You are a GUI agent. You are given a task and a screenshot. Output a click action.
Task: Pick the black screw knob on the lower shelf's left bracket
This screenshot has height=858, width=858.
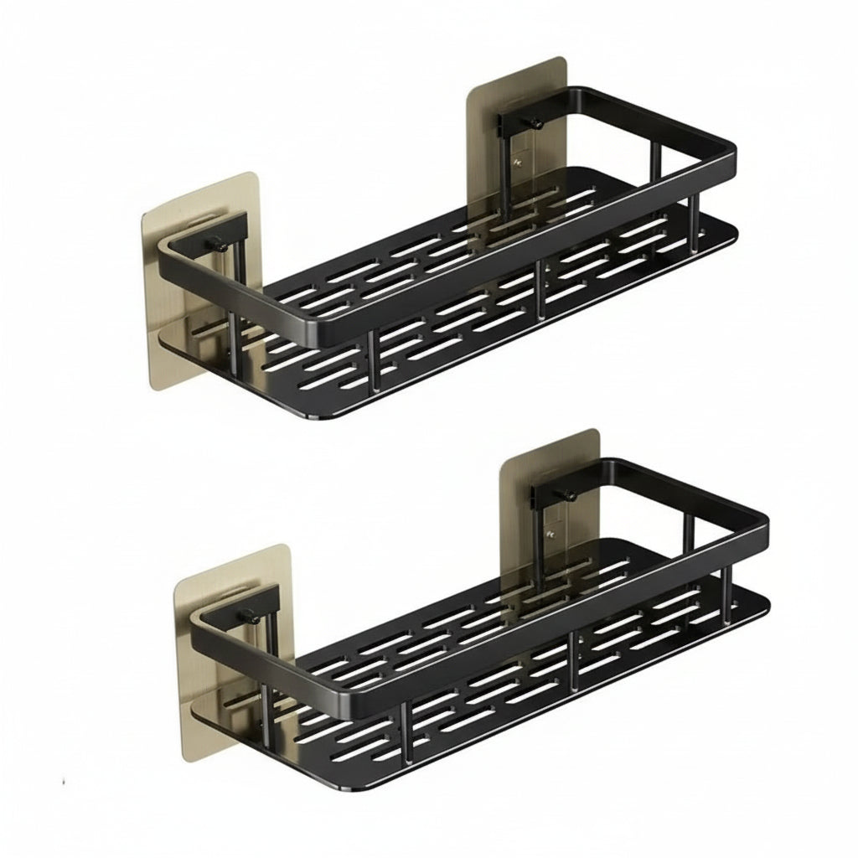(249, 617)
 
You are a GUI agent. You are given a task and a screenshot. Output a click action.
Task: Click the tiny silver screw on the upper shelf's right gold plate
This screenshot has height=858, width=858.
(519, 163)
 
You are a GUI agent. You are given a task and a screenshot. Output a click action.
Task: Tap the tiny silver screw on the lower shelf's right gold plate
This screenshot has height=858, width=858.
(550, 534)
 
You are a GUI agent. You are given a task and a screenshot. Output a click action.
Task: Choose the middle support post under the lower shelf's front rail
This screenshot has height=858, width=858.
(574, 663)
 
